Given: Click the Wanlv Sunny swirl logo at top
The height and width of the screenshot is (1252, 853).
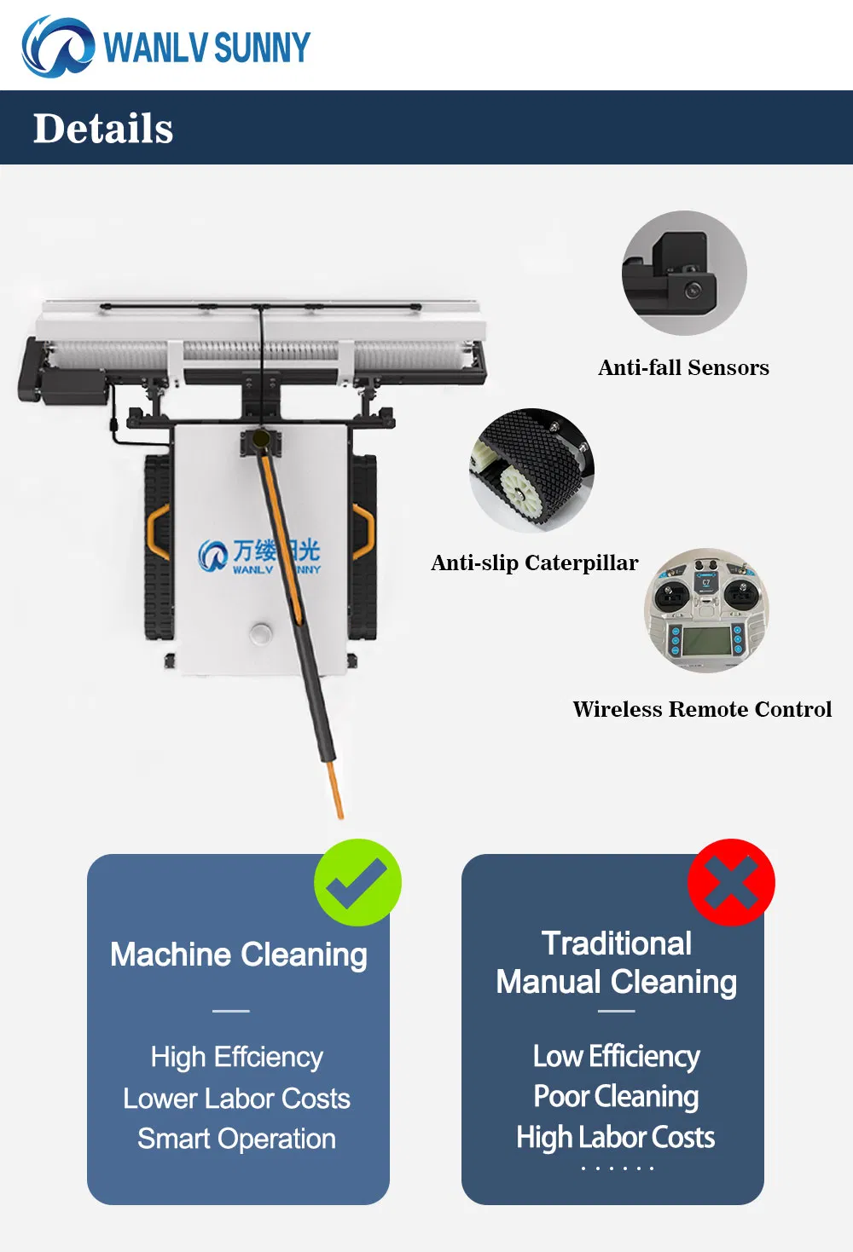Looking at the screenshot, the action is [x=58, y=46].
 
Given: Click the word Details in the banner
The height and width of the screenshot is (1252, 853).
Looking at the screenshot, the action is [x=103, y=128].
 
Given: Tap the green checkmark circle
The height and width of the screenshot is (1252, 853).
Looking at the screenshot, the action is [x=357, y=882].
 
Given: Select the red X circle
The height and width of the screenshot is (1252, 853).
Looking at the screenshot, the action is [x=731, y=882].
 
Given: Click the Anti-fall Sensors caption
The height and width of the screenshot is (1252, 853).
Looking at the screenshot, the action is [x=683, y=368].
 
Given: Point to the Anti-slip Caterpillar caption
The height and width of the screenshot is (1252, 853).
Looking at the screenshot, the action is [x=535, y=563].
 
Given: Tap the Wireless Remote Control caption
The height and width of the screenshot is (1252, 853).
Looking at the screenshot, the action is [x=702, y=709].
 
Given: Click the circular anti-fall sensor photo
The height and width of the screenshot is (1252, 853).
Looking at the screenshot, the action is [x=684, y=273].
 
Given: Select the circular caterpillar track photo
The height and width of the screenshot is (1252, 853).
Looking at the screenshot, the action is [x=531, y=470].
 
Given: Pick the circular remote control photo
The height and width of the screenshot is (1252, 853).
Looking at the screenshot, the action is [x=706, y=610].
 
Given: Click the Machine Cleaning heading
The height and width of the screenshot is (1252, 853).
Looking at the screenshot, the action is [x=239, y=955].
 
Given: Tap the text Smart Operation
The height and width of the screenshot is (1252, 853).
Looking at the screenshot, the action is [x=236, y=1139].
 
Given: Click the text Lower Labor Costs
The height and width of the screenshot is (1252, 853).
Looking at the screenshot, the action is [x=236, y=1099].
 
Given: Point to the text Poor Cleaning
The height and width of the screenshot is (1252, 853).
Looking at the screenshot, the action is [x=616, y=1097].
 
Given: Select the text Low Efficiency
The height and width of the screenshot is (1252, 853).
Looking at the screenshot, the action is [x=616, y=1056].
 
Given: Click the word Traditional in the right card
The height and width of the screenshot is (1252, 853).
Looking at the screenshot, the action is [x=617, y=943].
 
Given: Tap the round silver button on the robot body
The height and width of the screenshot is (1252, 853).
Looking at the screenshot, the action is [x=260, y=632].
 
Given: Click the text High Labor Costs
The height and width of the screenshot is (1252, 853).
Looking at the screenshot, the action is [x=615, y=1138].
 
